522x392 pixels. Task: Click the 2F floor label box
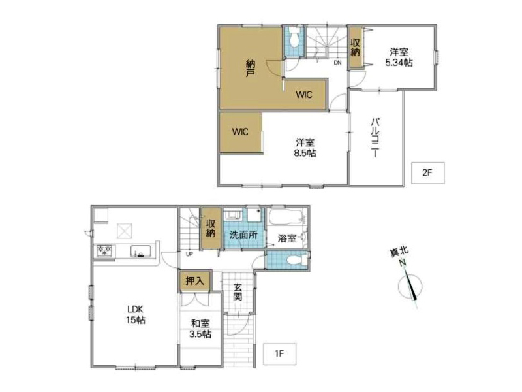pos(427,172)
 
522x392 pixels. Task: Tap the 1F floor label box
pos(280,353)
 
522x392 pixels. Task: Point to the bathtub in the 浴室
pos(286,218)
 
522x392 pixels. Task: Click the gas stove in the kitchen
pos(104,251)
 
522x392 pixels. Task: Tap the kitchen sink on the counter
pos(141,251)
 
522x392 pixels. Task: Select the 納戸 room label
pos(250,69)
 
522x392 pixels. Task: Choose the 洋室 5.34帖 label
pos(399,57)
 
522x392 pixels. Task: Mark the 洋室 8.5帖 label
pos(305,148)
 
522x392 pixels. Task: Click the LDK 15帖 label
pos(136,314)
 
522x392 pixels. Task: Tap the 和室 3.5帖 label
pos(200,329)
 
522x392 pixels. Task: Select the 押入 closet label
pos(194,281)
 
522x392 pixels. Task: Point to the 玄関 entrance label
pos(238,291)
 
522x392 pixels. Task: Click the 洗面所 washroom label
pos(243,235)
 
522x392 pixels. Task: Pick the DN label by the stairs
pos(337,62)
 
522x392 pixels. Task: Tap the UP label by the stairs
pos(189,254)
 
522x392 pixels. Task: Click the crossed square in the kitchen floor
pos(124,231)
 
